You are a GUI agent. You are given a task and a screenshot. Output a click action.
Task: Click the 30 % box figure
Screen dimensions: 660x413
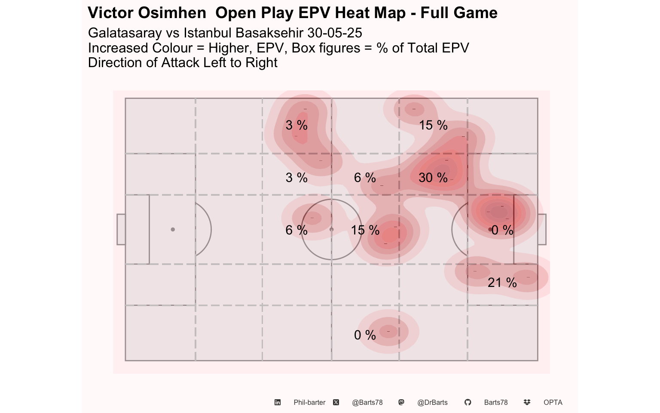(x=433, y=178)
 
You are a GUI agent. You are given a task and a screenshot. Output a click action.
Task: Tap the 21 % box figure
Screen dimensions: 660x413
(x=502, y=283)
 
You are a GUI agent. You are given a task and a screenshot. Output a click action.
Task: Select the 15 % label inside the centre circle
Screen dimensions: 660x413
(x=365, y=230)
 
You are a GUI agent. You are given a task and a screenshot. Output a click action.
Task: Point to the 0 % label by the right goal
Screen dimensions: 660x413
(x=502, y=230)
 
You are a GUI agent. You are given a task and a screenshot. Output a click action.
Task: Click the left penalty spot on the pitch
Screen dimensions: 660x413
(x=173, y=229)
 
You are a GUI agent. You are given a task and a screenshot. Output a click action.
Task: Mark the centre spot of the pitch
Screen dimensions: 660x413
(x=331, y=229)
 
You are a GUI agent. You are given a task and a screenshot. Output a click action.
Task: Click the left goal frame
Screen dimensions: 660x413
(x=121, y=229)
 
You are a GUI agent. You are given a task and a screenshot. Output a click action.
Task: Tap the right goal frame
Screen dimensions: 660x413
(x=542, y=229)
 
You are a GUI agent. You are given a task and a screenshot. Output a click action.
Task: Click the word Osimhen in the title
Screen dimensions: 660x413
(x=172, y=12)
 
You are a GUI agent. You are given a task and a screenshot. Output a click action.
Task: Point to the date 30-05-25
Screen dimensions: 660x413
(x=335, y=33)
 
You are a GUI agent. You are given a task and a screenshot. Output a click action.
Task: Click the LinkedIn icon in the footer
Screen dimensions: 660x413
(x=278, y=402)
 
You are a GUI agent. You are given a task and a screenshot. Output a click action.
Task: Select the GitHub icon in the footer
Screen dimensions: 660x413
(x=467, y=402)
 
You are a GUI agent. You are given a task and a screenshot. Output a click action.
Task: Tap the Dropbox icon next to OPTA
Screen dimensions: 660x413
(x=527, y=402)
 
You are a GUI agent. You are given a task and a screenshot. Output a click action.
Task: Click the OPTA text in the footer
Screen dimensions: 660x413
(x=553, y=402)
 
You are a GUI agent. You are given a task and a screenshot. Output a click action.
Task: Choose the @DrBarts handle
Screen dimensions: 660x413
(x=432, y=402)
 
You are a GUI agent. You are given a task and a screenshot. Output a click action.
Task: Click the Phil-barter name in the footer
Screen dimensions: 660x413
(x=309, y=402)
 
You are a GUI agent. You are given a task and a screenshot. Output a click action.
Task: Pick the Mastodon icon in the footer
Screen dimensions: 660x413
(x=401, y=402)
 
